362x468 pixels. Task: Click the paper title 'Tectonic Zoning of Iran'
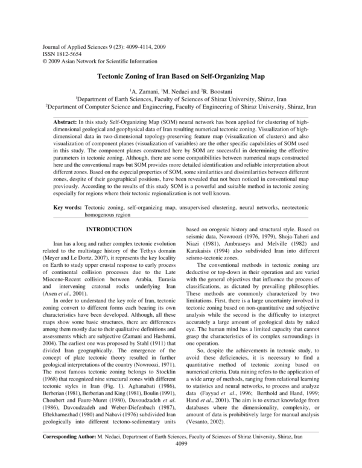point(181,77)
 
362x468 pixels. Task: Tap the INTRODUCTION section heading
point(109,229)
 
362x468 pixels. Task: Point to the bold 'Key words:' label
point(68,207)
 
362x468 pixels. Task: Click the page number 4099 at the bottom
point(181,459)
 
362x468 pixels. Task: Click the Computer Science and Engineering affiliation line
point(181,107)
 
